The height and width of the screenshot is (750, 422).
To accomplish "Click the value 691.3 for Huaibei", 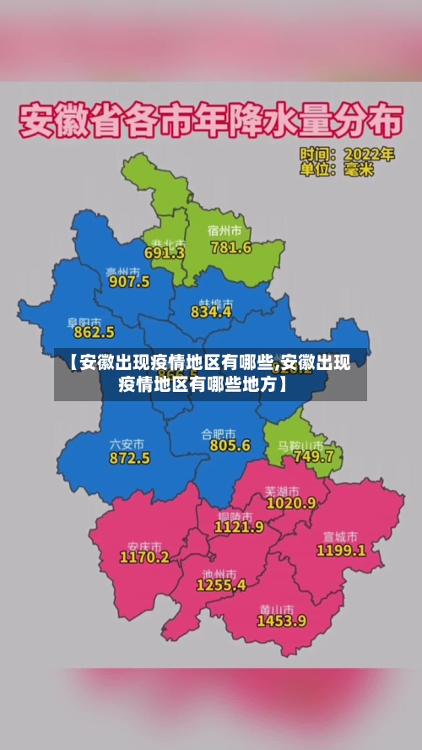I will [x=165, y=253].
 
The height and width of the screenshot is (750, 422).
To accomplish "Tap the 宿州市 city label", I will [x=225, y=231].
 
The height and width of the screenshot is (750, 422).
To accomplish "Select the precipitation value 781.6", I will [x=230, y=247].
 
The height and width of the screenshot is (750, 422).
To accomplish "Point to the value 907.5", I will [x=129, y=281].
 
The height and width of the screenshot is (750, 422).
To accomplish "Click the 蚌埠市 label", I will [x=215, y=302].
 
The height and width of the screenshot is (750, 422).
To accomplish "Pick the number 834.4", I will [x=211, y=311].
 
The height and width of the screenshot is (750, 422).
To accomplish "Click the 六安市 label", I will [x=127, y=443].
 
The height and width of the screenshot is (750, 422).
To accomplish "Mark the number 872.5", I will [x=129, y=458].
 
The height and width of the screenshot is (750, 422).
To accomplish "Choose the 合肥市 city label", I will [x=219, y=433].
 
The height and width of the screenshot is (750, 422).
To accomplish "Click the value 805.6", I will [x=230, y=445].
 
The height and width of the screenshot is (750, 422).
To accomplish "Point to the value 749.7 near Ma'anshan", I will [x=313, y=456].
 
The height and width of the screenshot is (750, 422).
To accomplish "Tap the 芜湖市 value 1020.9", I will [x=290, y=503].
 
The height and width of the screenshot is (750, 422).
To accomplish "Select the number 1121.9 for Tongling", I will [x=239, y=526].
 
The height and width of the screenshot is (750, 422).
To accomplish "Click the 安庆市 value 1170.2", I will [x=143, y=557].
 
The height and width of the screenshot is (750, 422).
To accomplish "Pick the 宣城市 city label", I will [x=340, y=536].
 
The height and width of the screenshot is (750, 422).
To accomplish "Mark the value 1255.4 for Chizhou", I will [x=221, y=584].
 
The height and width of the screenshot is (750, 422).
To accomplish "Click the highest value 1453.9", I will [x=282, y=621].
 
